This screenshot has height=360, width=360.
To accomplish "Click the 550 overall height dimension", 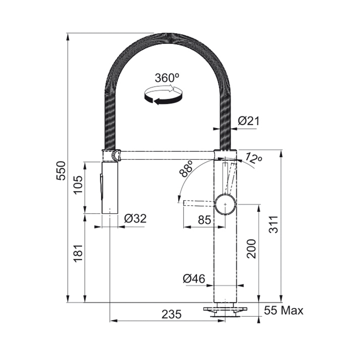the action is [x=61, y=171].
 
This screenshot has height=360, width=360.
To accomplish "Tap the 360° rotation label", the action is [x=167, y=78].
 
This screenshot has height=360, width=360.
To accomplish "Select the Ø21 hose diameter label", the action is [x=248, y=121].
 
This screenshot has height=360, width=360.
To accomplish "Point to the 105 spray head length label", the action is [x=78, y=185].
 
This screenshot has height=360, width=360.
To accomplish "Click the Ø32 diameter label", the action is [x=135, y=219].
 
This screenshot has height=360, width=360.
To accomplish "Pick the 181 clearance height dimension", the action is [x=78, y=253].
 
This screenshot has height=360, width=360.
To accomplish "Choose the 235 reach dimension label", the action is [x=171, y=315].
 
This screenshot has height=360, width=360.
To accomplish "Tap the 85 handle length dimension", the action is [x=204, y=220].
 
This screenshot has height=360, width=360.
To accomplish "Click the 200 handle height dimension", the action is [x=251, y=249].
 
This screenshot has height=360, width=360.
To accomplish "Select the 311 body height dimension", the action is [x=274, y=225].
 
